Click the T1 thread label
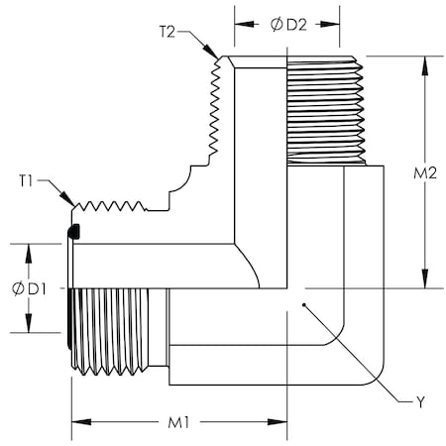tap(28, 180)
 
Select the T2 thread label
tap(167, 31)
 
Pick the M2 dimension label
tap(425, 173)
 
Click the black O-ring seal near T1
tap(73, 233)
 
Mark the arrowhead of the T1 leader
tap(73, 206)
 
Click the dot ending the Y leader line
tap(304, 305)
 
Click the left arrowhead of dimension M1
tap(76, 422)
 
